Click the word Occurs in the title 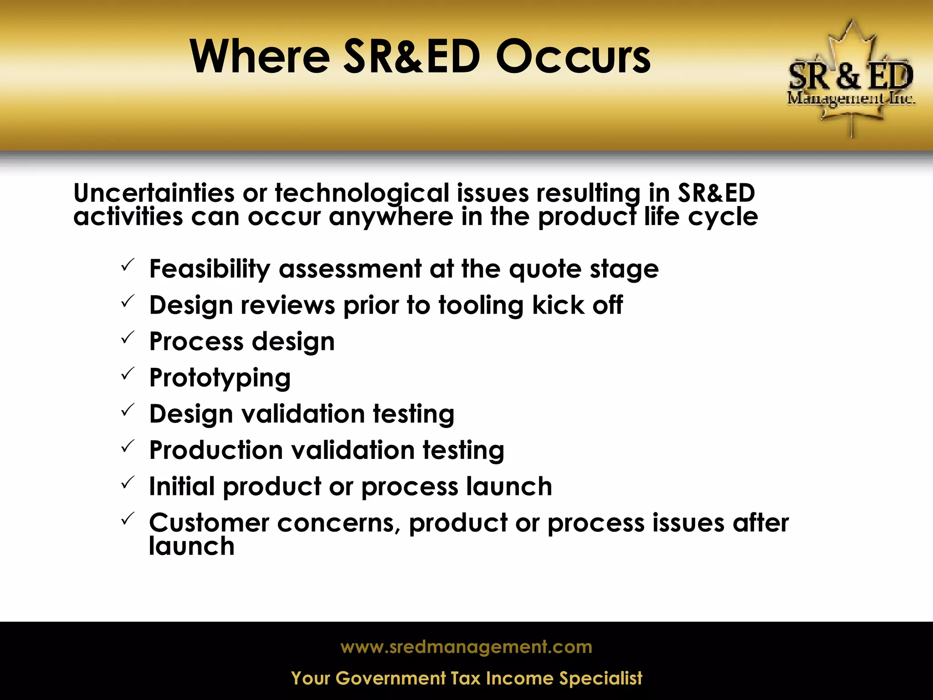tap(573, 57)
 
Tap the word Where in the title tap(259, 57)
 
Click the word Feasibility tap(210, 269)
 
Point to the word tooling tap(481, 305)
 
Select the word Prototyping tap(220, 378)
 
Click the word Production tap(216, 450)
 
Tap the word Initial tap(182, 486)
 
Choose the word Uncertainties tap(154, 193)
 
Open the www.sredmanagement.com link tap(466, 647)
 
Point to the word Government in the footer tap(390, 679)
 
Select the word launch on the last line tap(191, 546)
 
